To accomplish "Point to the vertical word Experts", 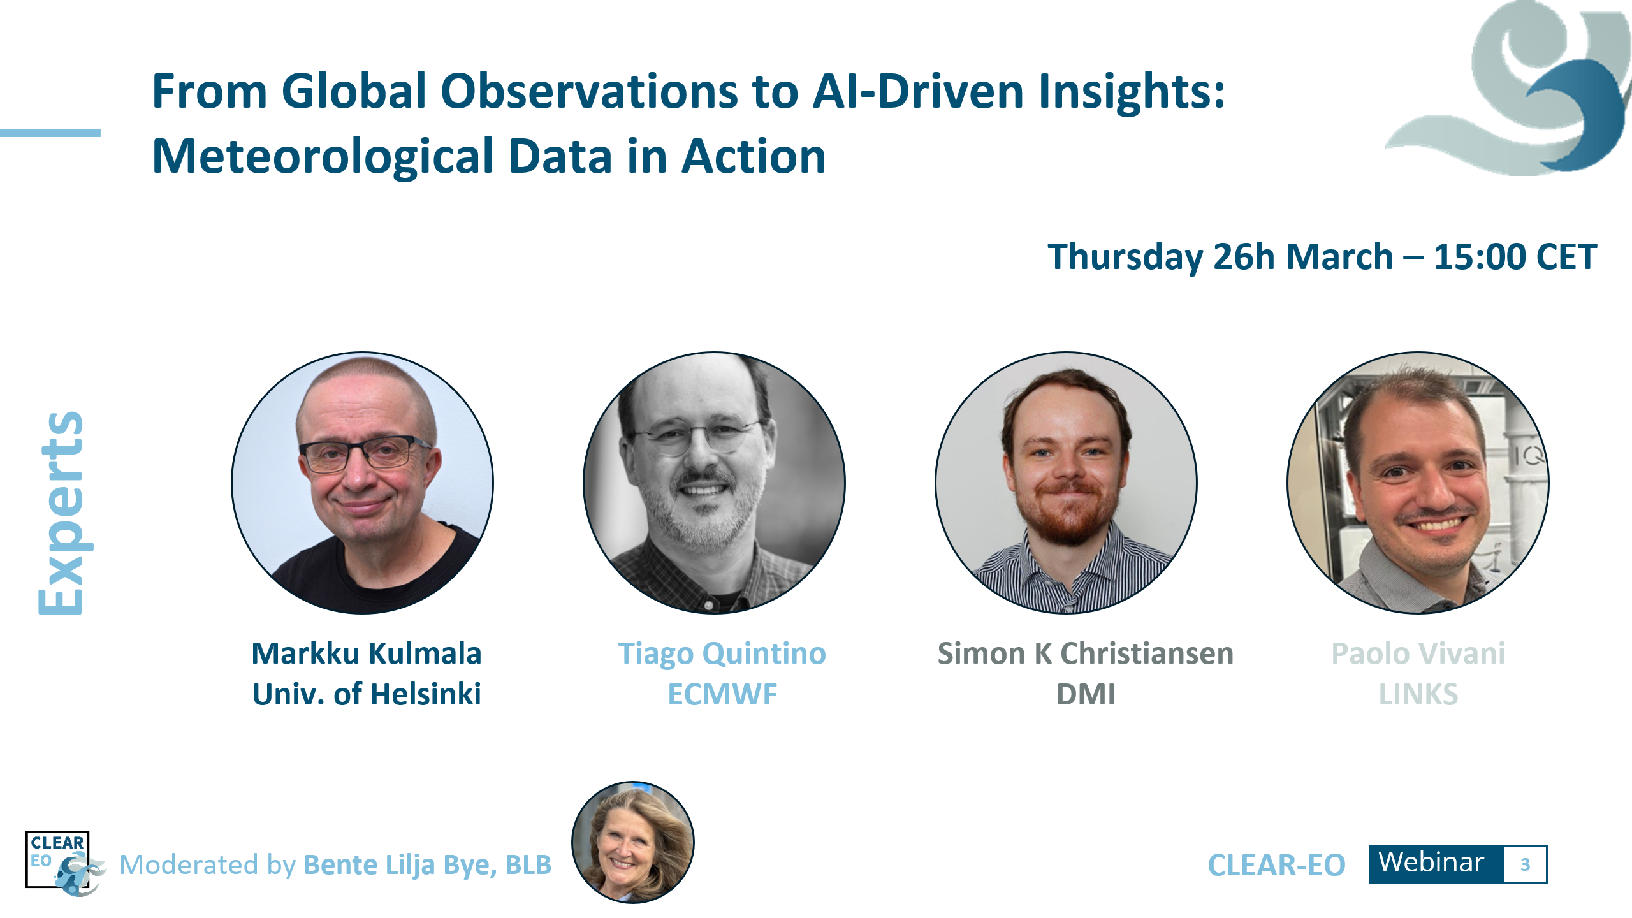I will [x=61, y=513].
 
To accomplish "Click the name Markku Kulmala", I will [x=367, y=653].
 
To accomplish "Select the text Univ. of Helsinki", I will [x=367, y=694].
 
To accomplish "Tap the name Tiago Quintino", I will [x=722, y=653].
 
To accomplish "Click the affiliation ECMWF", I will [x=722, y=694].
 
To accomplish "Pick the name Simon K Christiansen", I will [x=1085, y=653].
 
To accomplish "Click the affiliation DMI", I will [x=1086, y=694].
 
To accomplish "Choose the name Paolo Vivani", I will [x=1418, y=653].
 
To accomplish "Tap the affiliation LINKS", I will [x=1418, y=694].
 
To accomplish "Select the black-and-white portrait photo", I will [x=714, y=483].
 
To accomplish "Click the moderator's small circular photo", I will [x=632, y=842].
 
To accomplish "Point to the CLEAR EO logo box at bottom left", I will [x=58, y=860].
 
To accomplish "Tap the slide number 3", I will [x=1525, y=864].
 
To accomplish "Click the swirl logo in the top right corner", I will [x=1530, y=89].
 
